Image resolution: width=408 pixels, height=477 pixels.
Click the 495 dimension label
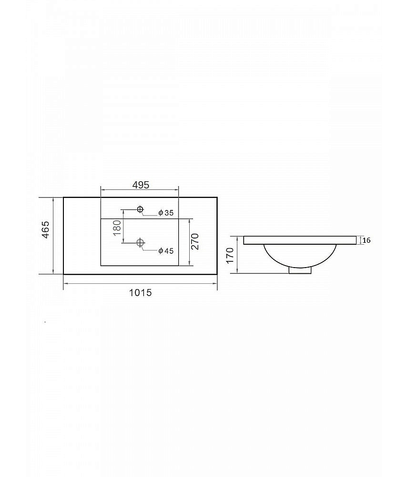tap(141, 185)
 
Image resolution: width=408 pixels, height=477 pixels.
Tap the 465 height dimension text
tap(45, 230)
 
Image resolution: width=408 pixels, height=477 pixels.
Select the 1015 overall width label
tap(141, 293)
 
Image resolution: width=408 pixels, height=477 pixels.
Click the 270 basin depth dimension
tap(195, 241)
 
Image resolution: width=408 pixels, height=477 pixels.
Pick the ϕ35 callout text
tap(166, 213)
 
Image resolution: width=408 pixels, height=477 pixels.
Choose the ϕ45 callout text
tap(166, 251)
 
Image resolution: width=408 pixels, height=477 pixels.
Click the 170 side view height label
tap(230, 255)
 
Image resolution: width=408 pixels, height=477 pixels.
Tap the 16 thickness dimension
tap(367, 240)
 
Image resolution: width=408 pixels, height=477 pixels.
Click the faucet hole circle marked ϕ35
tap(140, 209)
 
